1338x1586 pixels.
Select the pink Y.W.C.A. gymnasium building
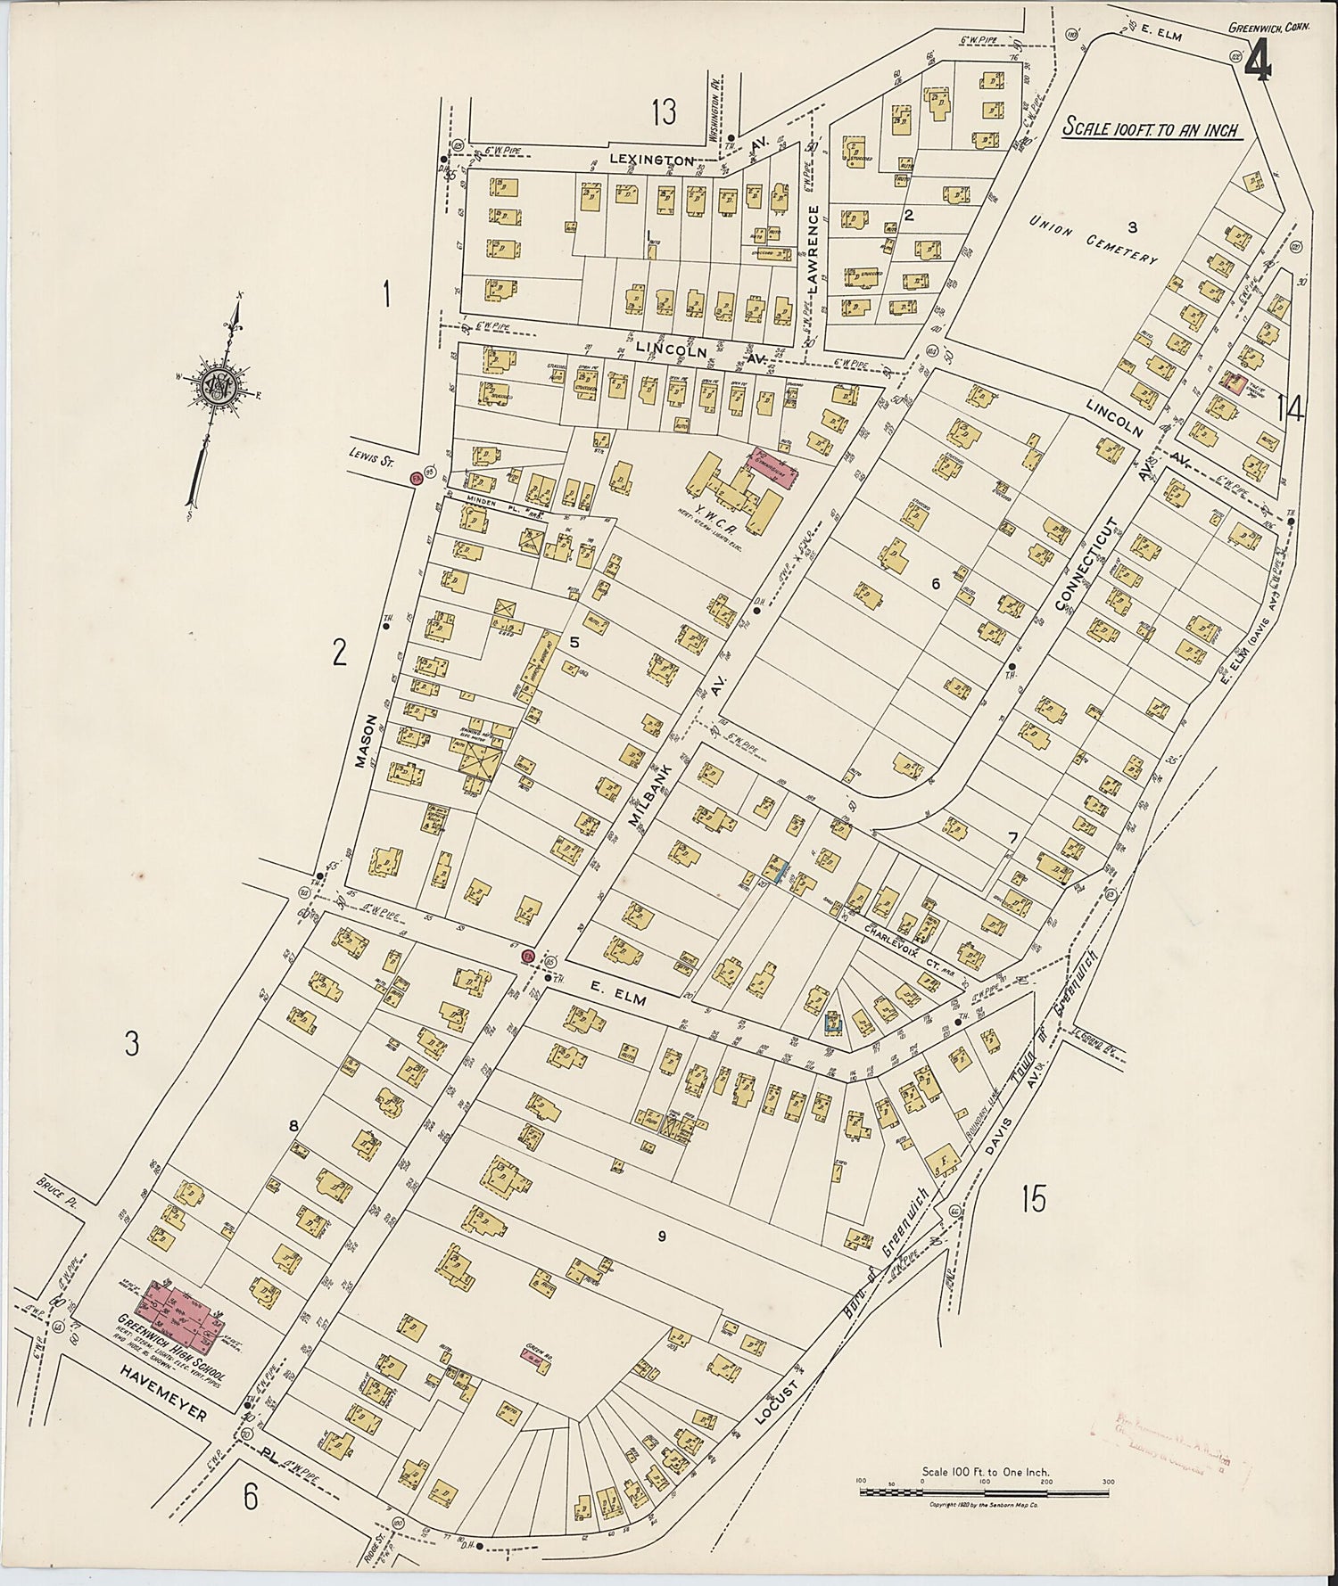tap(773, 464)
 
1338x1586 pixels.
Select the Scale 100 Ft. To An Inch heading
tap(1151, 128)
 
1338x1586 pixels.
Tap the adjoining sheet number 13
tap(664, 112)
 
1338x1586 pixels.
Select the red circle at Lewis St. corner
tap(415, 479)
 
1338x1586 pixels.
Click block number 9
tap(661, 1236)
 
